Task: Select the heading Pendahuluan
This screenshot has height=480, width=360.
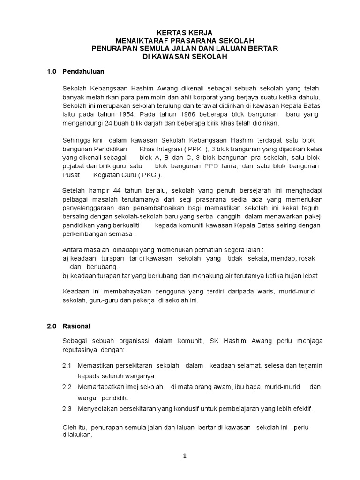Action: (83, 72)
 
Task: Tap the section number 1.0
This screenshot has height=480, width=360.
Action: (52, 72)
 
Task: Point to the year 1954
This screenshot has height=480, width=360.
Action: (124, 114)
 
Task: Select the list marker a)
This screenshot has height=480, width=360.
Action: (66, 258)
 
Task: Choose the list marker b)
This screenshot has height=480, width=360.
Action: (66, 276)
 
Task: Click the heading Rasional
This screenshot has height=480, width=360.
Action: (75, 326)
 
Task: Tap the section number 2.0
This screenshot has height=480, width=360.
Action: (52, 326)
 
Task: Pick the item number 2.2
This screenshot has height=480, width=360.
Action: (67, 387)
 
